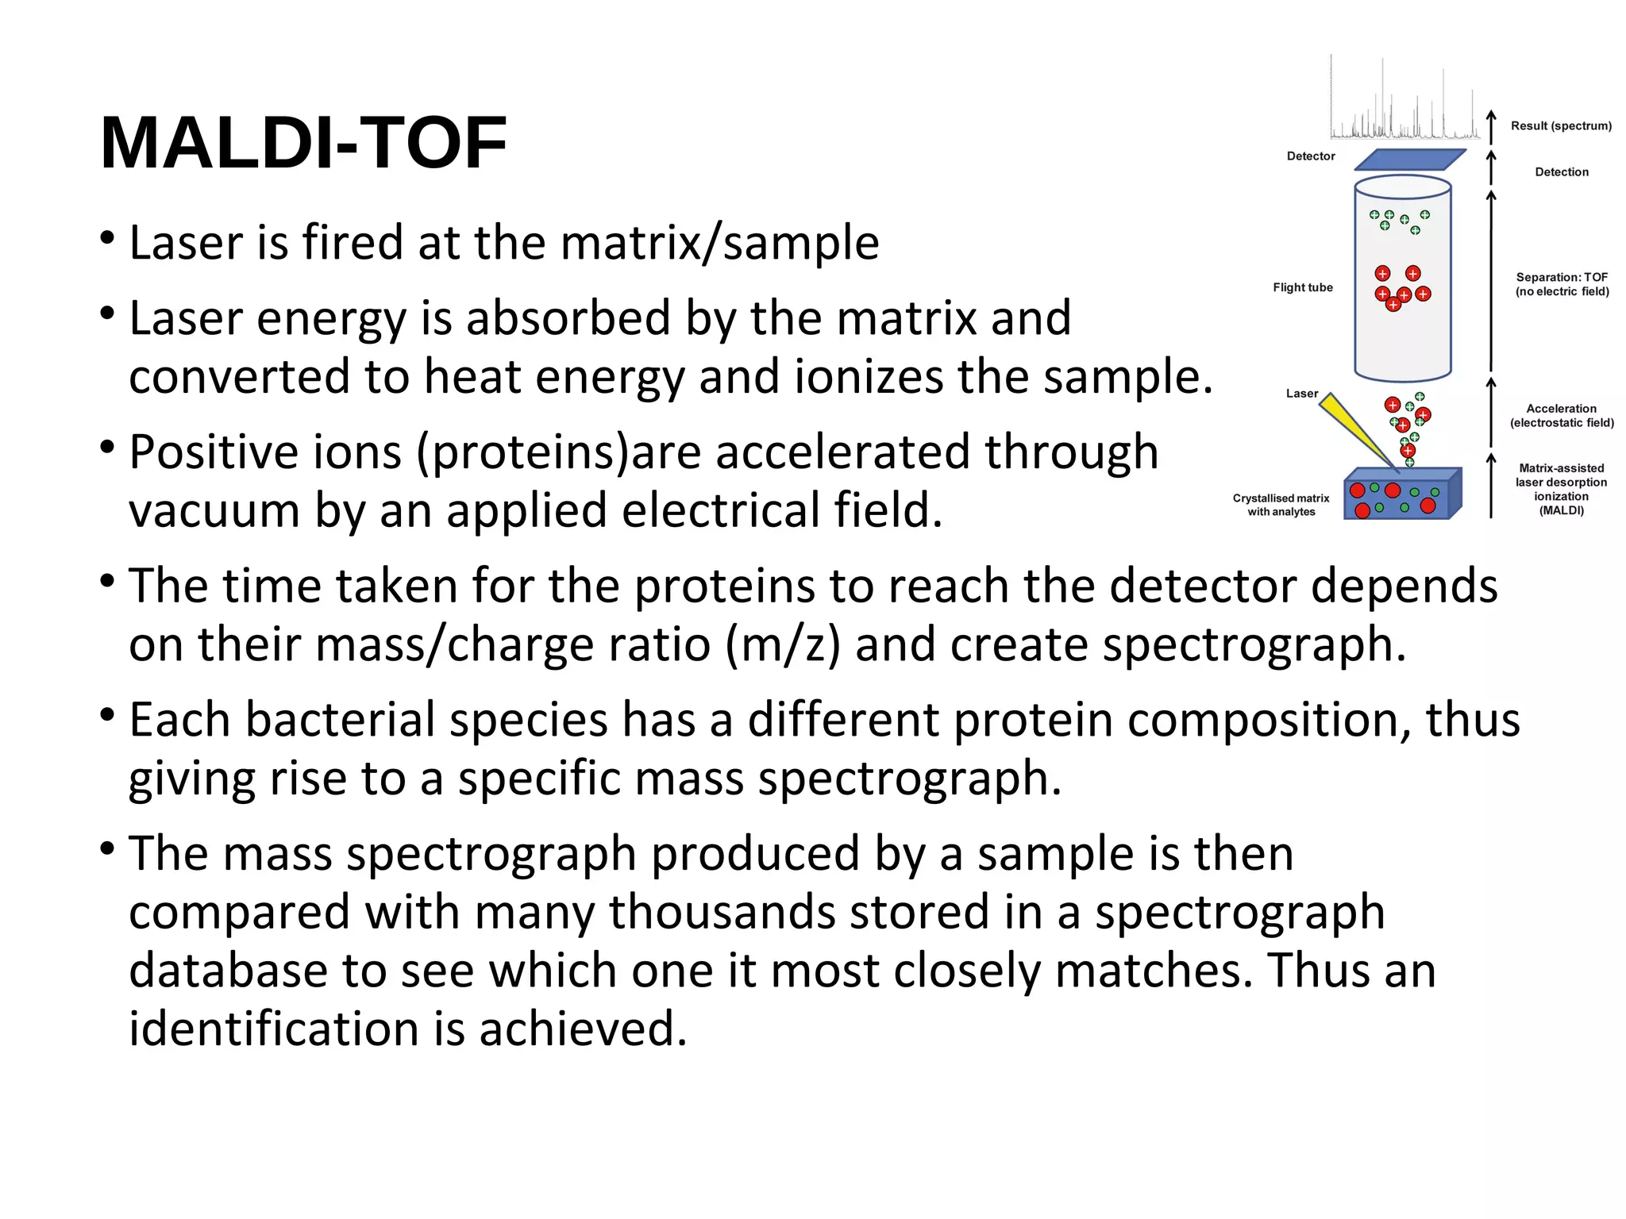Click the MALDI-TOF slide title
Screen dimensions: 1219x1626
(x=303, y=144)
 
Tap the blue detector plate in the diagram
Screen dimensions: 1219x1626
(x=1409, y=160)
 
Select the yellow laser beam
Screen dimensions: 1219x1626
(x=1354, y=429)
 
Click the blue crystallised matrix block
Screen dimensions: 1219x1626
(x=1401, y=497)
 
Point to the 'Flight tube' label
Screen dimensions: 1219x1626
(x=1302, y=287)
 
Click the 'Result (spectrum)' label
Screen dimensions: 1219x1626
(x=1561, y=126)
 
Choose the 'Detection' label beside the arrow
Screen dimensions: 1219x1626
(x=1561, y=172)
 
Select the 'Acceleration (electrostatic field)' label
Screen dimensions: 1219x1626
(x=1562, y=416)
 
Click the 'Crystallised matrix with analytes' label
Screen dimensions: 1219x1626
(x=1281, y=505)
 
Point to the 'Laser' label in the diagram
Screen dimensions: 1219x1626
(x=1301, y=394)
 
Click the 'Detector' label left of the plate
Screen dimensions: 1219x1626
(x=1311, y=156)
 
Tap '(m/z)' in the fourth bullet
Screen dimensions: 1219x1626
(x=782, y=644)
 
